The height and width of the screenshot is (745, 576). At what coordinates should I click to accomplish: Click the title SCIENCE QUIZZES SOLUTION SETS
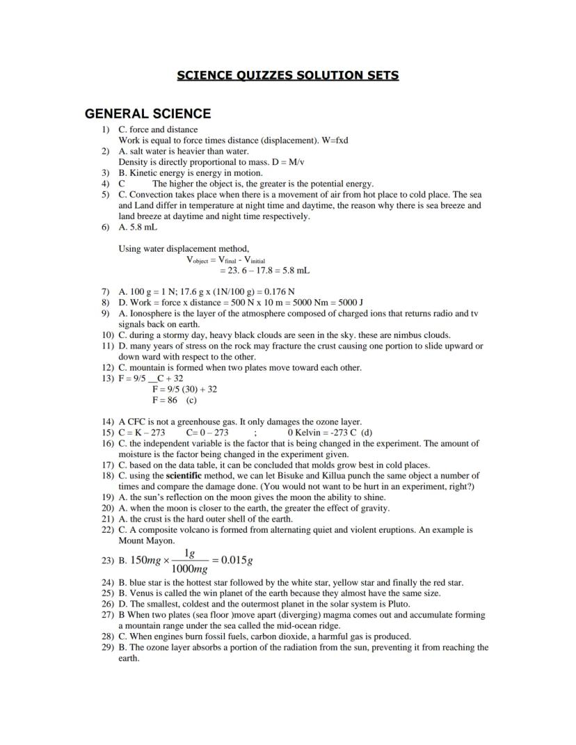point(288,75)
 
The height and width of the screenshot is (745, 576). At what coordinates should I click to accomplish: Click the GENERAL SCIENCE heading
point(147,113)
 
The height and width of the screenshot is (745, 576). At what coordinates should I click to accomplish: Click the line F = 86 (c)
point(174,400)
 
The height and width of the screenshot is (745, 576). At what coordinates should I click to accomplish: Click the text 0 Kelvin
point(303,432)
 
